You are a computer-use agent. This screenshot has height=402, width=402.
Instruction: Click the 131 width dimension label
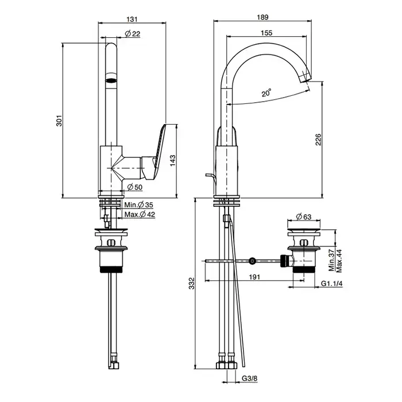point(132,18)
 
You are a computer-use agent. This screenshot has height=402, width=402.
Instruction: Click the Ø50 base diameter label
point(135,187)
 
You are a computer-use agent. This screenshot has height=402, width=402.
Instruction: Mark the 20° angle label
point(266,92)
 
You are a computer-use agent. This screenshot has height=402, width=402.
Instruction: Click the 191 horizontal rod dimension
point(254,276)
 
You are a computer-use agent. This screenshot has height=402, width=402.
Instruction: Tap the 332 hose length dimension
point(192,283)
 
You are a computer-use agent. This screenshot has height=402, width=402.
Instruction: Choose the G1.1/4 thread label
point(331,284)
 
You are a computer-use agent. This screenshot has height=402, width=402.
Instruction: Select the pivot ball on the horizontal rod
point(253,261)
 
